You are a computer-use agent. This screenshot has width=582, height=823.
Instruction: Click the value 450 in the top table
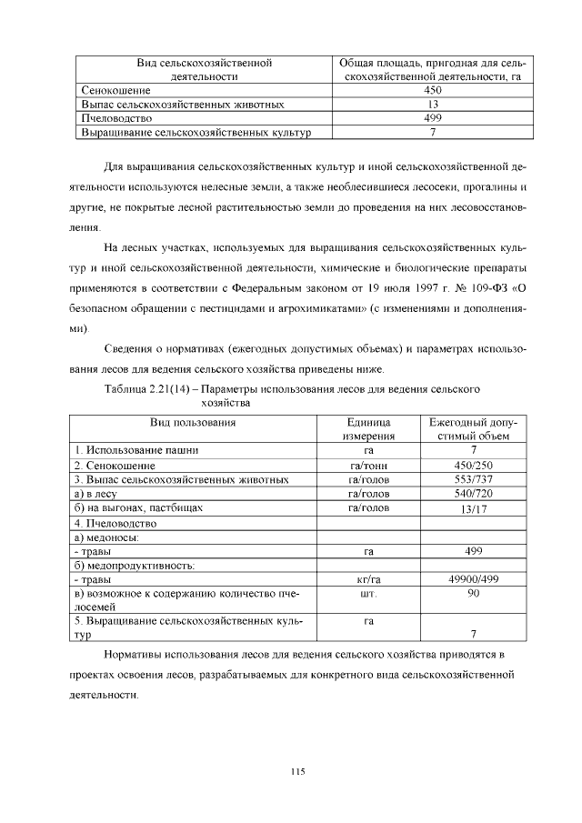tap(433, 91)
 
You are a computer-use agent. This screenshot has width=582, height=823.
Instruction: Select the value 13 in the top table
tap(433, 105)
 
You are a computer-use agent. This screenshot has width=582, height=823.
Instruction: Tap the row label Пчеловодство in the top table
tap(116, 118)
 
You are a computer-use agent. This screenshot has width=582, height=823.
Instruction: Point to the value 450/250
tap(473, 465)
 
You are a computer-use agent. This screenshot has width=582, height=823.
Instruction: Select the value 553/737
tap(473, 479)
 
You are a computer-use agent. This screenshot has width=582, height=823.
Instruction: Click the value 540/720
tap(473, 493)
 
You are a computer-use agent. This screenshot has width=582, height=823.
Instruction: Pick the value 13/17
tap(473, 508)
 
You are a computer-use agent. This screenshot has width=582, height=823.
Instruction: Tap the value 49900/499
tap(473, 578)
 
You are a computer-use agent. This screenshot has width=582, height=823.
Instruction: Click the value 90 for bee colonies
tap(473, 593)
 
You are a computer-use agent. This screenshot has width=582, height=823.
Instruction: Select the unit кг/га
tap(368, 578)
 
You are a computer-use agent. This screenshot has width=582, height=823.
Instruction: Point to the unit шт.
tap(368, 593)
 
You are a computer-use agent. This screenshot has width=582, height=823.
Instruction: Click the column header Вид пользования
tap(194, 423)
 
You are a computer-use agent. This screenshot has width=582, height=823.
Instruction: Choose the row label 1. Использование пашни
tap(136, 450)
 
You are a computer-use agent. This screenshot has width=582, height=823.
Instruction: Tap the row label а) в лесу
tap(98, 493)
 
